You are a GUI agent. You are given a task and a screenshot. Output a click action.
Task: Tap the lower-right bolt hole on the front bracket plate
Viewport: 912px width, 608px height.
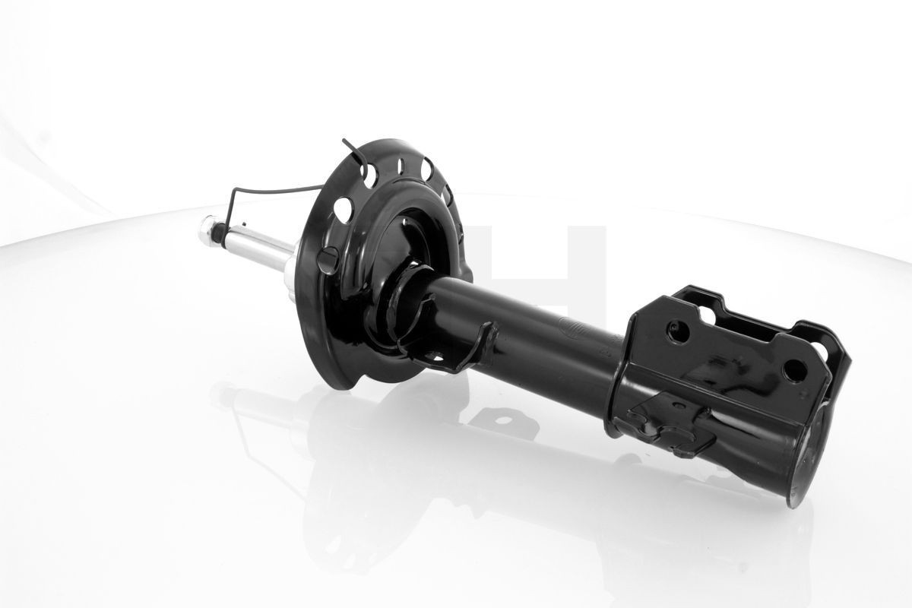pyautogui.click(x=794, y=370)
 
